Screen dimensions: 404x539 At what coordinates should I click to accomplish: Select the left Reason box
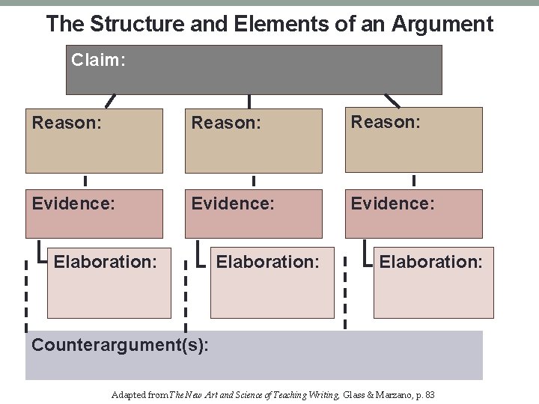pyautogui.click(x=94, y=141)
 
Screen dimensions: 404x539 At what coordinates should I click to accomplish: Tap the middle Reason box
pyautogui.click(x=253, y=141)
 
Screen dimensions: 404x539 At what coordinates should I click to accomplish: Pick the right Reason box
pyautogui.click(x=413, y=141)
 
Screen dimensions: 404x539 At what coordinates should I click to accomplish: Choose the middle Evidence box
pyautogui.click(x=253, y=213)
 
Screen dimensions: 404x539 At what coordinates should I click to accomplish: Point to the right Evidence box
pyautogui.click(x=413, y=213)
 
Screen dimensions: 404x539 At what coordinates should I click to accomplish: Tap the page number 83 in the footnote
pyautogui.click(x=429, y=394)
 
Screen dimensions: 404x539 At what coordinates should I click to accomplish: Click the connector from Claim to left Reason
pyautogui.click(x=111, y=100)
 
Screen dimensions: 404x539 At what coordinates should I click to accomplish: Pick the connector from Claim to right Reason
pyautogui.click(x=392, y=100)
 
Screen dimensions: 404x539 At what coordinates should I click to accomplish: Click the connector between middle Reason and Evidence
pyautogui.click(x=254, y=180)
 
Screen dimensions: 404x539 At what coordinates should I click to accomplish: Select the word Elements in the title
pyautogui.click(x=264, y=24)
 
